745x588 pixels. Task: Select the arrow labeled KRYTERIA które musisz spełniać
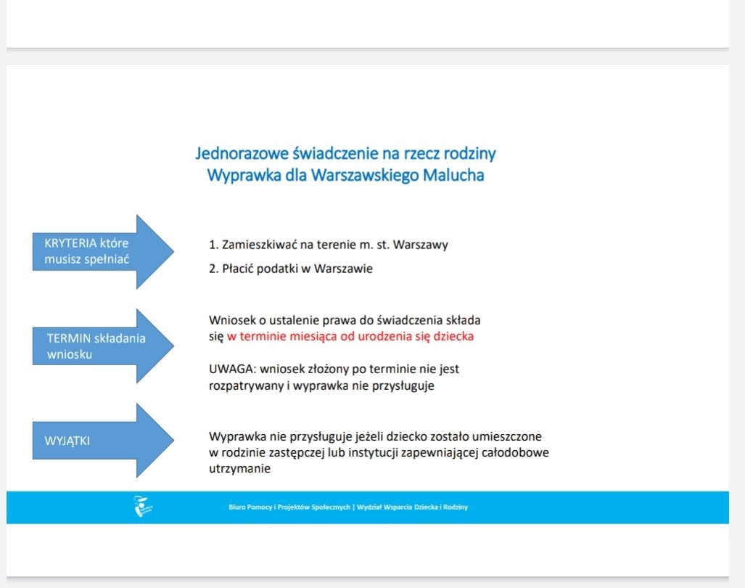102,252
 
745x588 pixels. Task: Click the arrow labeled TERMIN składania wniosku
102,346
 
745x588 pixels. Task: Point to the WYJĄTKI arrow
102,441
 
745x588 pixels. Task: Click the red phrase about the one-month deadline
350,337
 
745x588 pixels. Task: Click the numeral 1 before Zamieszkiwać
212,245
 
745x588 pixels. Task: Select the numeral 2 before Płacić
212,269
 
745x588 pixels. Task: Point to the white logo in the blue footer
143,507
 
